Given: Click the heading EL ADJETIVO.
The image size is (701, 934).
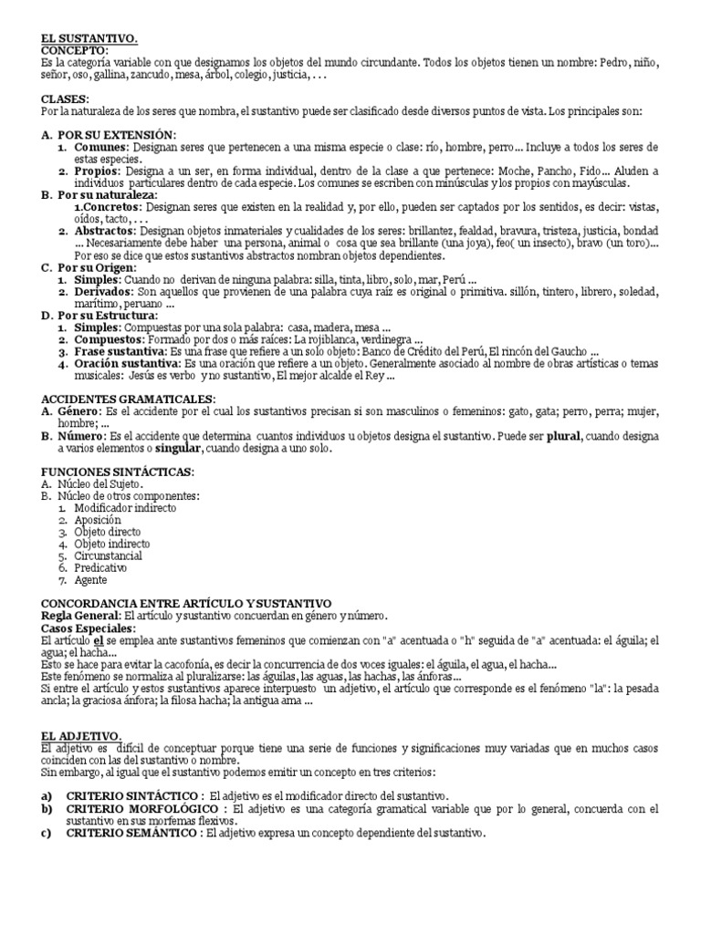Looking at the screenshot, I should point(81,733).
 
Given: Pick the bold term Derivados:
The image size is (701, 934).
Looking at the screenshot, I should point(106,291).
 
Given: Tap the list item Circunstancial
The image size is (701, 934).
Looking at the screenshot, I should point(109,555).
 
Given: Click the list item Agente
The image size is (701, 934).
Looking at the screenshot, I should point(91,579).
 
